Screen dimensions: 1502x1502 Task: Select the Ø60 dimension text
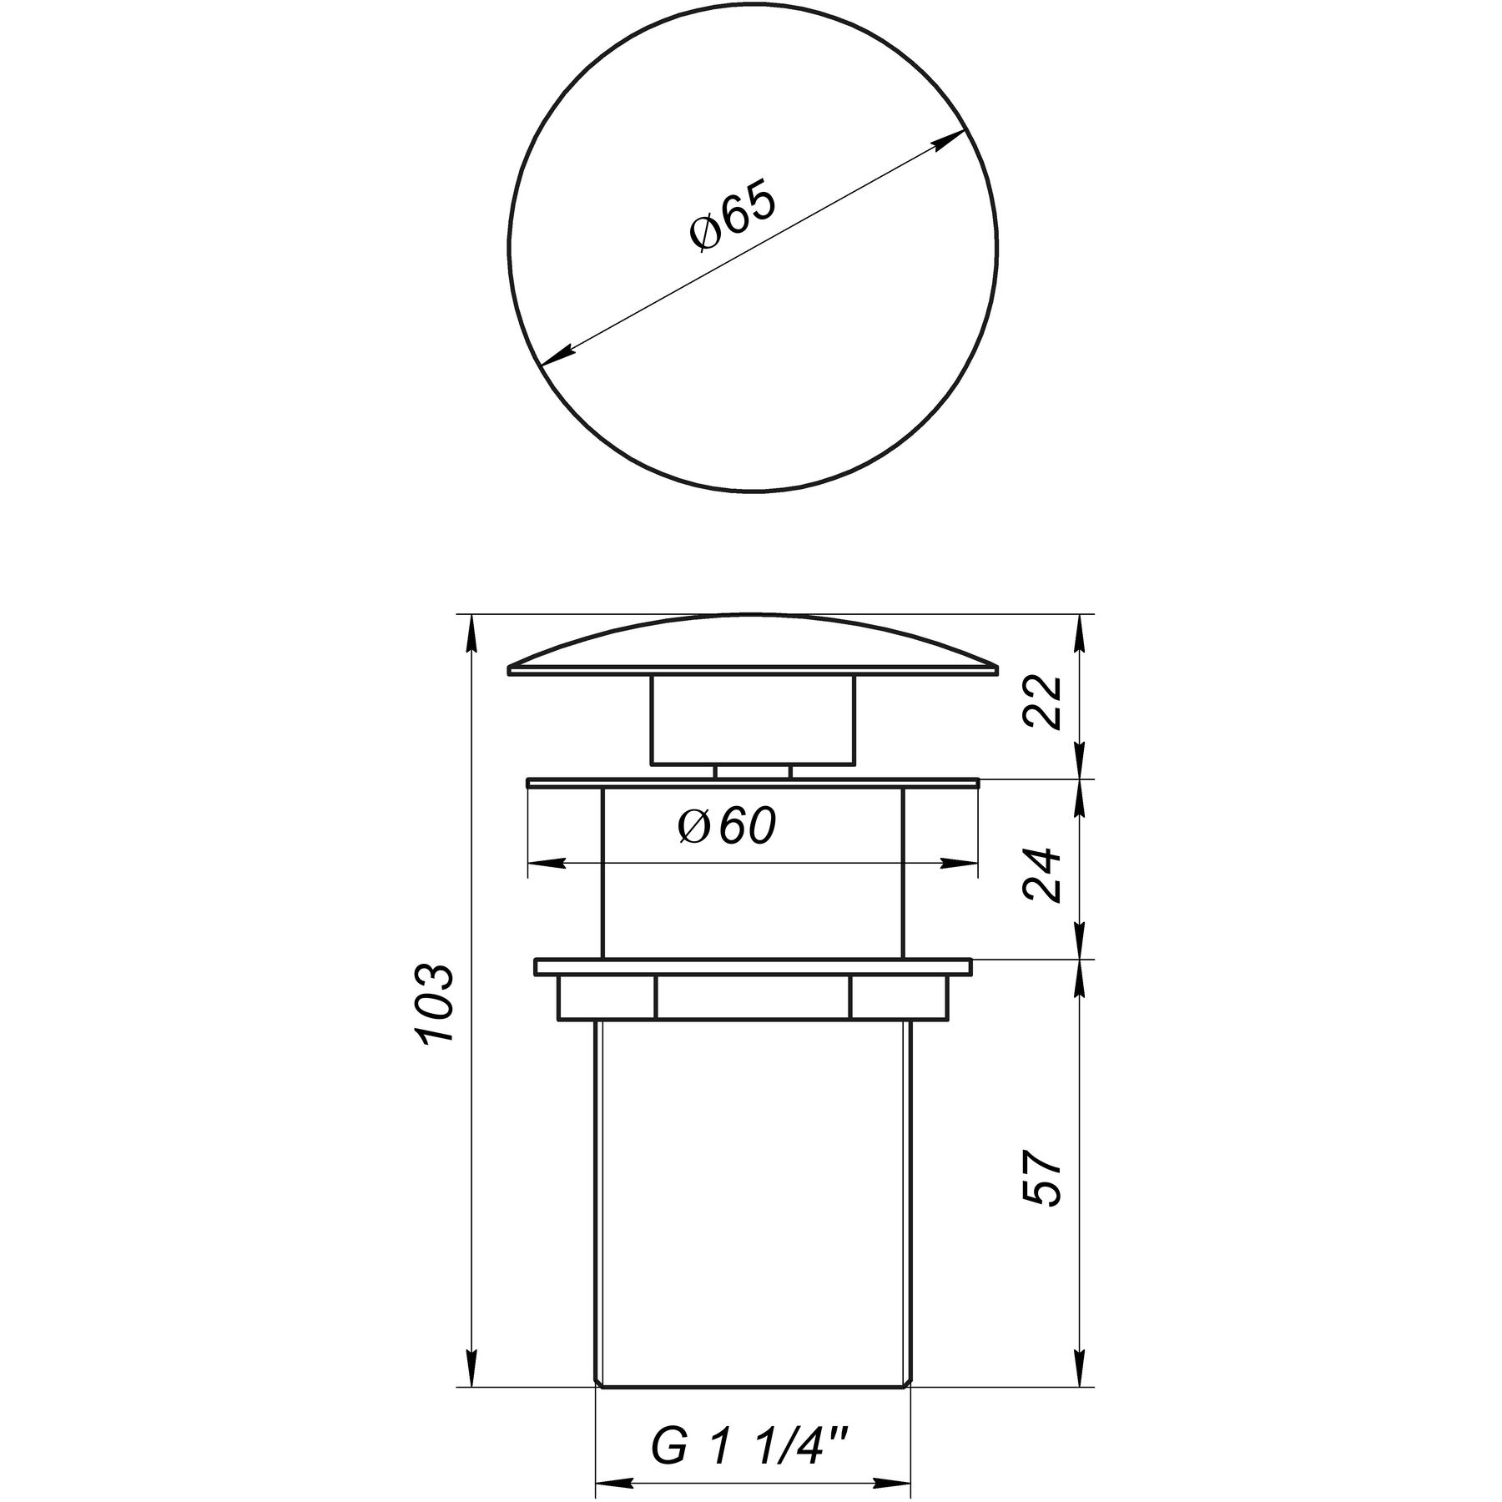(x=726, y=827)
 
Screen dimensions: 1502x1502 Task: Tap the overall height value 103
(x=436, y=1003)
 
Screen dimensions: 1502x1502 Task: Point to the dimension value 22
(x=1045, y=703)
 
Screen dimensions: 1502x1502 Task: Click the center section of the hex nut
(x=753, y=997)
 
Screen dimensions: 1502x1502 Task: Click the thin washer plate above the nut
(x=753, y=967)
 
